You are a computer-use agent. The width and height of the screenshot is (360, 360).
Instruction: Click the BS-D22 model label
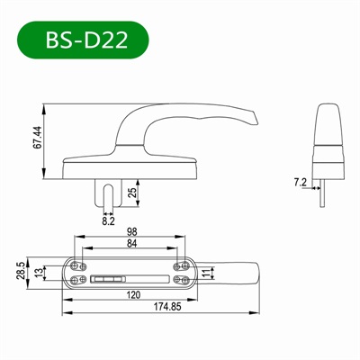[x=85, y=41]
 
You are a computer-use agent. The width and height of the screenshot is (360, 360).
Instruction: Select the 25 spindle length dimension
[x=133, y=192]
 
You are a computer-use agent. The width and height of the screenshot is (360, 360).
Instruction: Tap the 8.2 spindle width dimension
[x=109, y=219]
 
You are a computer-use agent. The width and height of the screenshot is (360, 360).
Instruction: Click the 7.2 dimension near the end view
[x=301, y=183]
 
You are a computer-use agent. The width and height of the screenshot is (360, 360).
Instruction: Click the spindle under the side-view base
[x=109, y=190]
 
